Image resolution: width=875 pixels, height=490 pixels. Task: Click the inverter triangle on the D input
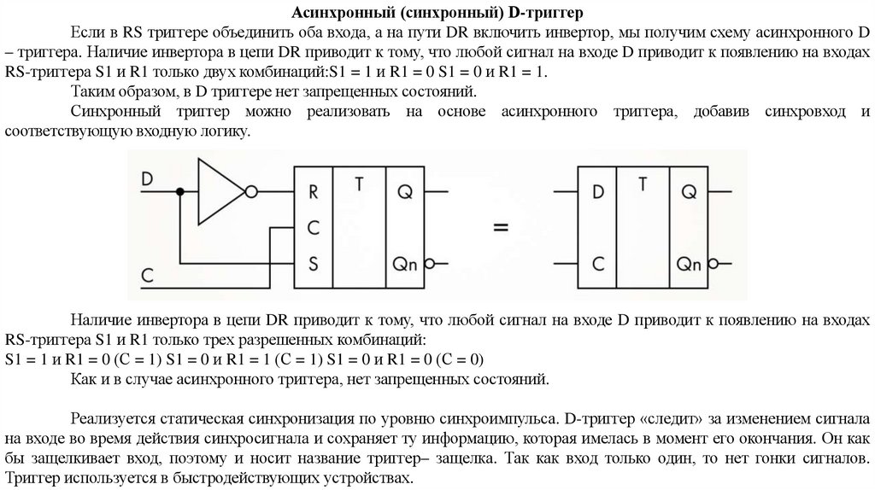220,191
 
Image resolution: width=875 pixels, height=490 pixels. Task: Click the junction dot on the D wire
179,192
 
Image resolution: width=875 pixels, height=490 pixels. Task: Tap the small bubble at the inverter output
250,192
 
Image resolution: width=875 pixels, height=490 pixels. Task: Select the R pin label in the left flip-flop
314,192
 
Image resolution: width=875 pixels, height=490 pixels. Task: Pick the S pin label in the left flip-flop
314,263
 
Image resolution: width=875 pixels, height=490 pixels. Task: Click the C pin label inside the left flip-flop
314,228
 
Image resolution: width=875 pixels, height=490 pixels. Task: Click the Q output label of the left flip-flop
403,192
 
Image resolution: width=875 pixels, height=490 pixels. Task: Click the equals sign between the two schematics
501,228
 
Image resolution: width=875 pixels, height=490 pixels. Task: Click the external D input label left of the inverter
147,179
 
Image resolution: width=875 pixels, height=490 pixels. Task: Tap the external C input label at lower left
147,274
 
